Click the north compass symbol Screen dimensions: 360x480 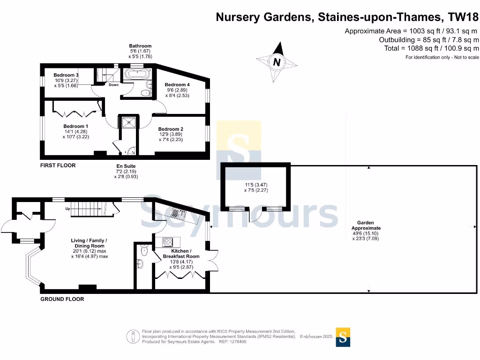click(x=277, y=62)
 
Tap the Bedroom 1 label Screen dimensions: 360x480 click(x=76, y=126)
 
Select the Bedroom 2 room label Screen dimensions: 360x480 click(x=171, y=129)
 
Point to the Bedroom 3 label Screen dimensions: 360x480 click(x=66, y=75)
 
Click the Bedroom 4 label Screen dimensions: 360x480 click(x=177, y=85)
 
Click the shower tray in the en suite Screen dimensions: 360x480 click(x=127, y=122)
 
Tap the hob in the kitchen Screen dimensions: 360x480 click(x=168, y=242)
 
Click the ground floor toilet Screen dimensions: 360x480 click(x=144, y=251)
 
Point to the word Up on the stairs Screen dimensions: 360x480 click(x=67, y=209)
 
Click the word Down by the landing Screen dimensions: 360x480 click(x=113, y=85)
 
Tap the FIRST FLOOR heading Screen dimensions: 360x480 click(x=58, y=165)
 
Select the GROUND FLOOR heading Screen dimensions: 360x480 click(x=62, y=299)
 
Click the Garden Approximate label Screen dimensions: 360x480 click(x=366, y=225)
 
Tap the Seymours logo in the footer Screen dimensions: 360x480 click(x=343, y=337)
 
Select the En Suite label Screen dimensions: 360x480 click(x=126, y=166)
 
